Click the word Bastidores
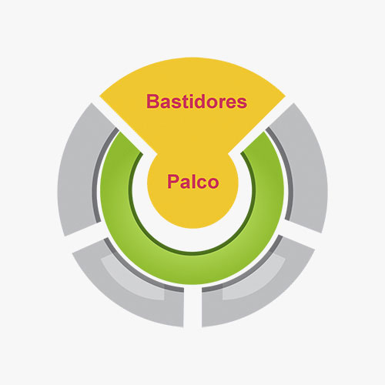click(196, 102)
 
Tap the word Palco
click(193, 182)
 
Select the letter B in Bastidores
click(152, 102)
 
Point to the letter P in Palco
click(173, 181)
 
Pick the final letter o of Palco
click(213, 183)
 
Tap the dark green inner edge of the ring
click(192, 253)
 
